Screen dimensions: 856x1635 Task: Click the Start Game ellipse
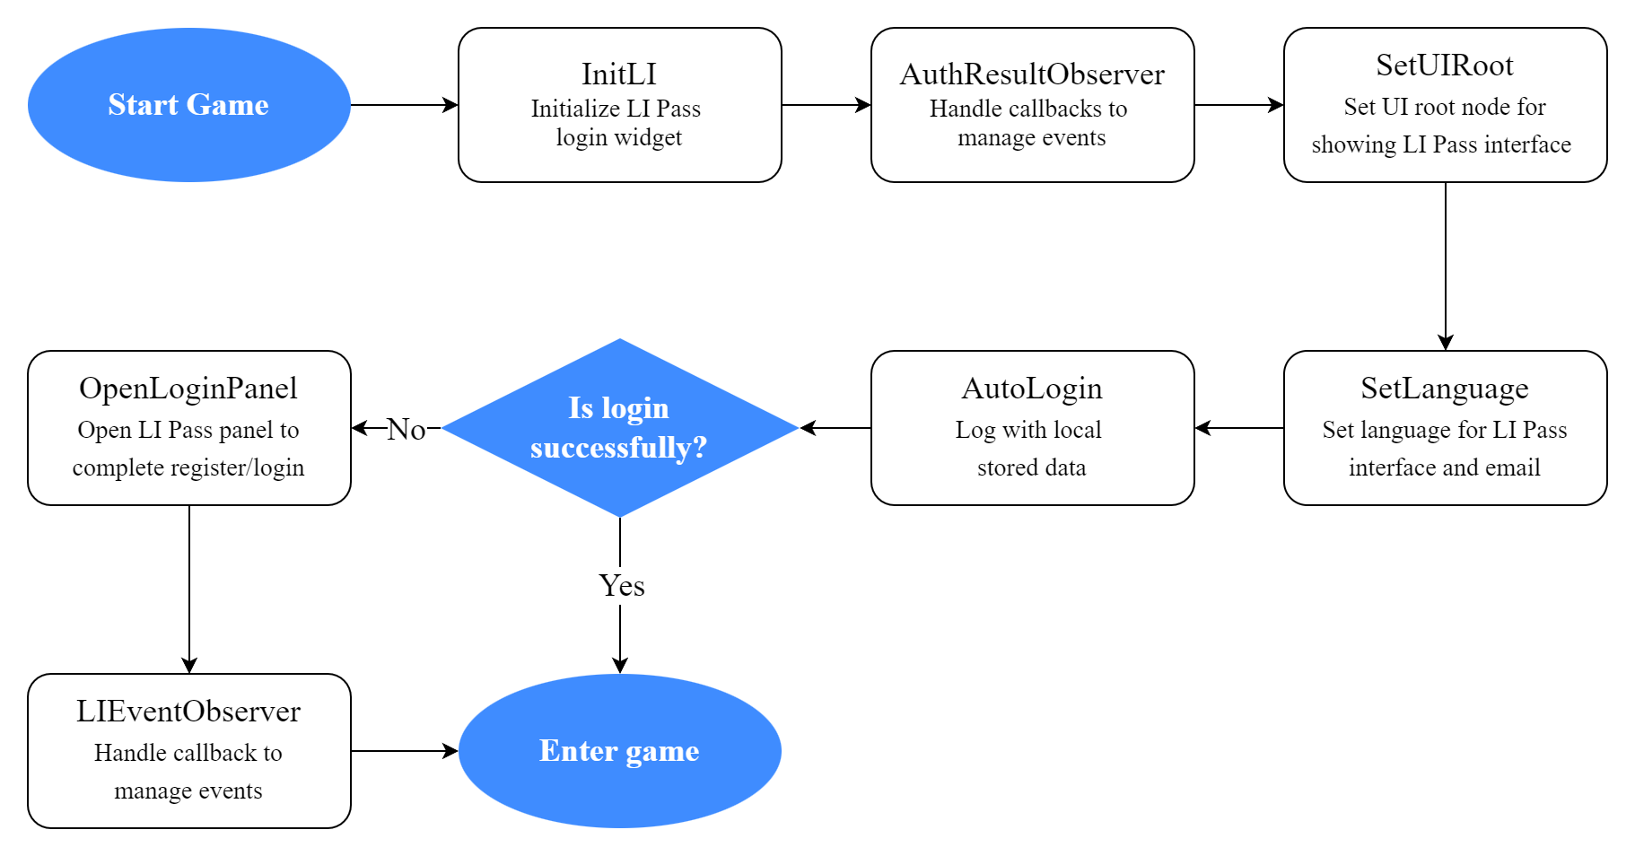click(188, 105)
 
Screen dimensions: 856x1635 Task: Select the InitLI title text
click(619, 74)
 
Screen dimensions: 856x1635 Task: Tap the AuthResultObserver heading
click(1032, 74)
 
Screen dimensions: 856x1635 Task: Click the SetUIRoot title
click(1444, 65)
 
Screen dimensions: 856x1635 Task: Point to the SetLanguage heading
click(1444, 388)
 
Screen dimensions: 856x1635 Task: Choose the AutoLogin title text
click(1032, 388)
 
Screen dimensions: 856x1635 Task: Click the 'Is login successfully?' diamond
click(619, 428)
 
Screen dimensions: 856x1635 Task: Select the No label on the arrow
click(406, 429)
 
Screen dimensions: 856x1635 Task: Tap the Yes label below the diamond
click(621, 586)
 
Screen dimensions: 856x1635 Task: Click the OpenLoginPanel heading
click(188, 388)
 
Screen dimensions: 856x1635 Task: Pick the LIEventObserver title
click(188, 711)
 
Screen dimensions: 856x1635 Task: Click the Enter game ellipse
click(619, 751)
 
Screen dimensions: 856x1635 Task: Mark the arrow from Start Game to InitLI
click(404, 105)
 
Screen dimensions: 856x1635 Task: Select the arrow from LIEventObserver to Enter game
click(404, 751)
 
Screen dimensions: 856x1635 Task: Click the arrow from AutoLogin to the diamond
click(835, 428)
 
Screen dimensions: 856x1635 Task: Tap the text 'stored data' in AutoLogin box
click(1031, 467)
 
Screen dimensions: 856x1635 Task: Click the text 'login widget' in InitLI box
click(618, 137)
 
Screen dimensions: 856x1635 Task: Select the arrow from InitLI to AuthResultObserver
click(826, 105)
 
